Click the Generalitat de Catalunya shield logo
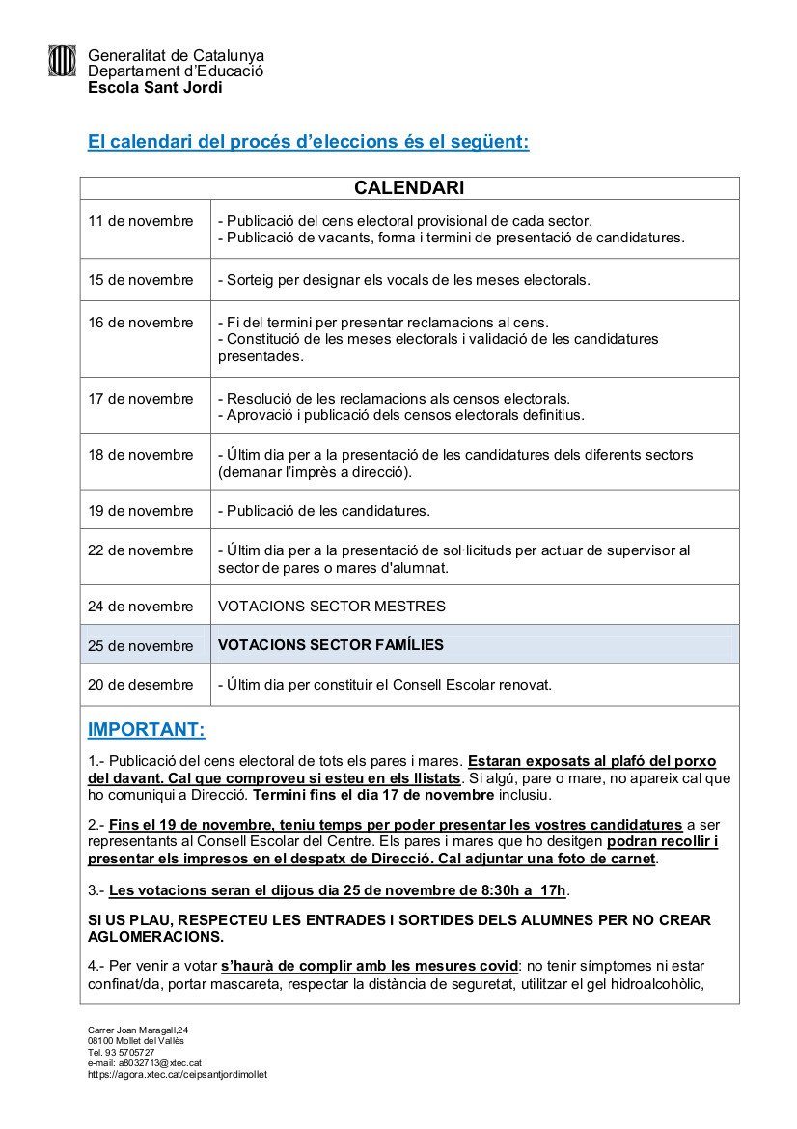62,61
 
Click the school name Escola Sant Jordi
154,87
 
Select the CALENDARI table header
409,187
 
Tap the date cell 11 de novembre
141,221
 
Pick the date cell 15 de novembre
141,280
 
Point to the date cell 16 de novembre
141,323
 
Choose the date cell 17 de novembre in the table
141,399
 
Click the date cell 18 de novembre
141,455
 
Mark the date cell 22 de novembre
141,550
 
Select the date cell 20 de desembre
141,685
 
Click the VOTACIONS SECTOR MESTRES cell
332,607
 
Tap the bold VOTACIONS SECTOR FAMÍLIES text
331,644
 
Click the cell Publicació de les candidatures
324,511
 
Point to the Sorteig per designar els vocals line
403,280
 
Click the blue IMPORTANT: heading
146,729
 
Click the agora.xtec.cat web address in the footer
177,1074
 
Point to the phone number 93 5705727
129,1053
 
